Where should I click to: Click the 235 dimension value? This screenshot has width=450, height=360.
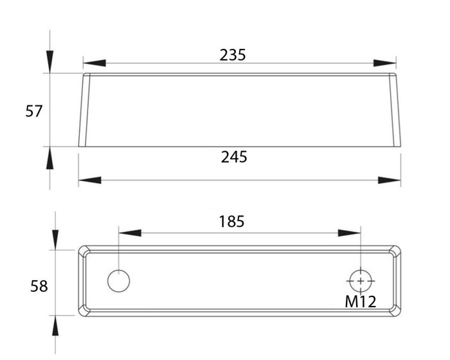click(233, 55)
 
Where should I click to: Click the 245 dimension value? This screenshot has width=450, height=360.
click(234, 156)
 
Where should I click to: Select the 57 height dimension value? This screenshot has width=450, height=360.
click(33, 111)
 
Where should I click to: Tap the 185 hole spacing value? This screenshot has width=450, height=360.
click(231, 222)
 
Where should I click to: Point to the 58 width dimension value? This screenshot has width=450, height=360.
click(39, 286)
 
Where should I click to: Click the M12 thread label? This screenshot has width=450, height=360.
click(360, 300)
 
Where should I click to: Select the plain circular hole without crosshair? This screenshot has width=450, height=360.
click(118, 281)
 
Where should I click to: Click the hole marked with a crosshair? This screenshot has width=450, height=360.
click(361, 280)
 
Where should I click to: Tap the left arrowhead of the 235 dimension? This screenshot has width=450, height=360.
click(94, 63)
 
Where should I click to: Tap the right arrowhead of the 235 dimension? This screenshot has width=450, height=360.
click(385, 63)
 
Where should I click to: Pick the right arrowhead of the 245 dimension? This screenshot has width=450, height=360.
click(390, 181)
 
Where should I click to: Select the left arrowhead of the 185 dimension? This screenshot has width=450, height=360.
click(129, 232)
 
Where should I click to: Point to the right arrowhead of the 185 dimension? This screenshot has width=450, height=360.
click(350, 232)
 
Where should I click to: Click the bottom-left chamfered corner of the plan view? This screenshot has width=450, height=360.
click(82, 312)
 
